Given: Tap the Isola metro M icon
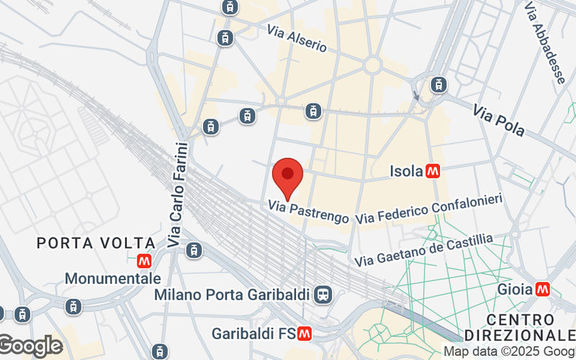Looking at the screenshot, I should pyautogui.click(x=433, y=171).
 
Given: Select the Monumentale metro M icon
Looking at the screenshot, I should pyautogui.click(x=144, y=261).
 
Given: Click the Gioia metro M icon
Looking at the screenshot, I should pyautogui.click(x=543, y=289).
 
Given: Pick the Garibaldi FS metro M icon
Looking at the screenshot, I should pyautogui.click(x=305, y=334).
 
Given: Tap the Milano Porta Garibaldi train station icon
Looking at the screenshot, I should pyautogui.click(x=323, y=295).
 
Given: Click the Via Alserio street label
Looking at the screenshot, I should pyautogui.click(x=297, y=39).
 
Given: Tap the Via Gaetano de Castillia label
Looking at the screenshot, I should pyautogui.click(x=426, y=248).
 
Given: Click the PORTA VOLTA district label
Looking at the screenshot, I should pyautogui.click(x=96, y=243).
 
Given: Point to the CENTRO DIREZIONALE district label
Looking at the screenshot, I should pyautogui.click(x=520, y=328).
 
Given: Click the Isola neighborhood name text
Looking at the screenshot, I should pyautogui.click(x=405, y=171).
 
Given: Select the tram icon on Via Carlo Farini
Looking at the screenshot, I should pyautogui.click(x=193, y=250).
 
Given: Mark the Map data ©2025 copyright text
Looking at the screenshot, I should pyautogui.click(x=508, y=352).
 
